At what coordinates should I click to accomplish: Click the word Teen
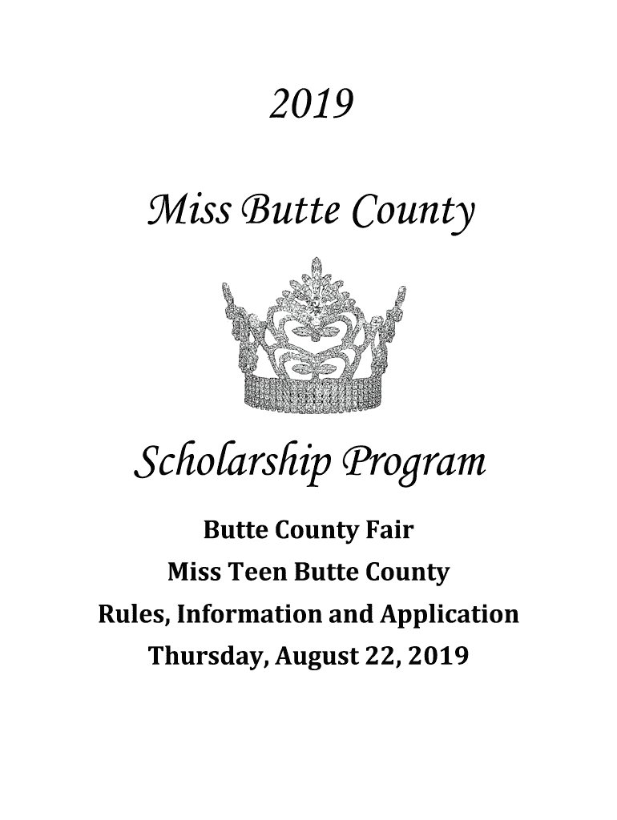pyautogui.click(x=257, y=573)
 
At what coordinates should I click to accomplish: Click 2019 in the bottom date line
pyautogui.click(x=438, y=657)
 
